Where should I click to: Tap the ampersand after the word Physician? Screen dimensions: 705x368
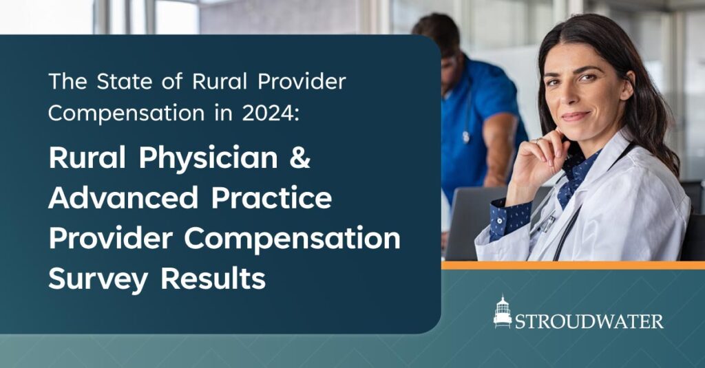[299, 158]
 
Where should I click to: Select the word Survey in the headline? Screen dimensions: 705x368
[98, 280]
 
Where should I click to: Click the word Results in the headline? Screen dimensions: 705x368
[213, 279]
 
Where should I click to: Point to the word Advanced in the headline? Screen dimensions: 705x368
[123, 197]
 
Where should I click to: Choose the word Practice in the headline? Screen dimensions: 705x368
[271, 197]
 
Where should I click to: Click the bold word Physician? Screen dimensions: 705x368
[208, 158]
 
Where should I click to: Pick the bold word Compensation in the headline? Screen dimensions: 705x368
[292, 239]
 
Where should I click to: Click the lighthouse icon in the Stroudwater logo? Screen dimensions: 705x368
[502, 312]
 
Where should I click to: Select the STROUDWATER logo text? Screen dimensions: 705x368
[589, 321]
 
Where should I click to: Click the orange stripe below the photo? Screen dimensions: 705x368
[574, 265]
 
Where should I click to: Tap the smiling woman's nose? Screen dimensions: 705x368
[568, 96]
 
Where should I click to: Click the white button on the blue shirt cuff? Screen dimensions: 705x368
[499, 221]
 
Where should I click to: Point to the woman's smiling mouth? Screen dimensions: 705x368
[576, 116]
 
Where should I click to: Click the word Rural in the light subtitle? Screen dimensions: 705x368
[220, 81]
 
